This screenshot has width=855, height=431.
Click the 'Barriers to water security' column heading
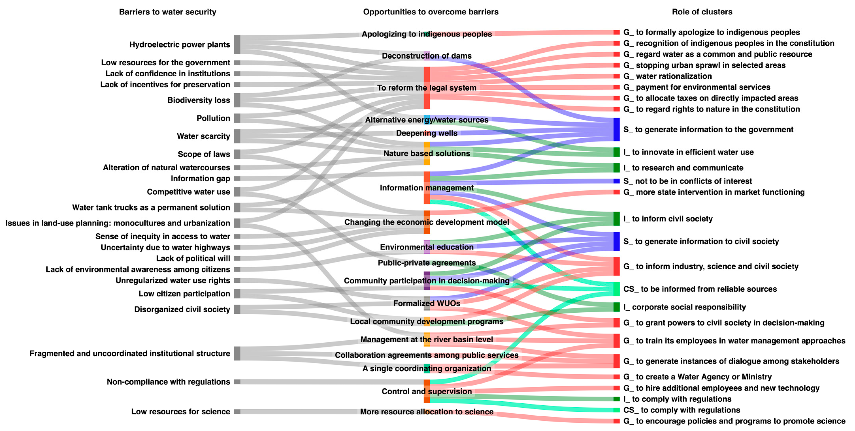click(167, 12)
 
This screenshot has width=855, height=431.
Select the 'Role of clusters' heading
click(702, 12)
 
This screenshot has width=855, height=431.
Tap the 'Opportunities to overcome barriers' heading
click(430, 12)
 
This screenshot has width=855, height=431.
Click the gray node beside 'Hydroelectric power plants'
click(237, 44)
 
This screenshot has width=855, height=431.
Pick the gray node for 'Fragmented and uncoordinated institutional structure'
click(237, 353)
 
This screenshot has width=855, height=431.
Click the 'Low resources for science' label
click(181, 411)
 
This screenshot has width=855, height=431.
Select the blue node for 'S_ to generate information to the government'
click(616, 129)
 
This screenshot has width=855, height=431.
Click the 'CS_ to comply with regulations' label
click(681, 410)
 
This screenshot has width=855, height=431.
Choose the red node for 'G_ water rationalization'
click(616, 76)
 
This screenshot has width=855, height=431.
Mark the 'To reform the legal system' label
click(427, 88)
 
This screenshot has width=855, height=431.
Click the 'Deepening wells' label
click(427, 133)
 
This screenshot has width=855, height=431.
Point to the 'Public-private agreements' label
click(427, 263)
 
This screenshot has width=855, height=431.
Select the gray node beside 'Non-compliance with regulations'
click(237, 382)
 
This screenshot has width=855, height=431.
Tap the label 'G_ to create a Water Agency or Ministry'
click(697, 377)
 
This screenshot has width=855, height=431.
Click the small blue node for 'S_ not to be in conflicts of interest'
click(616, 181)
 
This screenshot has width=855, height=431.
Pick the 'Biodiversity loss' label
click(199, 100)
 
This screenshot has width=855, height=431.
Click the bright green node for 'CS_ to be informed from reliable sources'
click(616, 289)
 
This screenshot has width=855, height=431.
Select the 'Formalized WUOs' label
click(427, 303)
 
